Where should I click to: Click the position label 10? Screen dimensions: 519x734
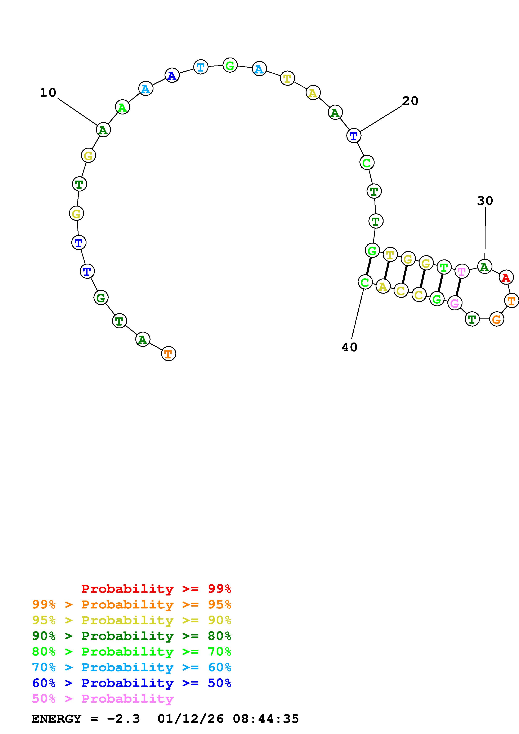48,93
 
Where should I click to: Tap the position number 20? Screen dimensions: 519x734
410,101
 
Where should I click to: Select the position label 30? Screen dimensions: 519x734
485,201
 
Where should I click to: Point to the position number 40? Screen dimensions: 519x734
349,347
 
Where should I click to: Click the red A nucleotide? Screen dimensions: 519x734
506,277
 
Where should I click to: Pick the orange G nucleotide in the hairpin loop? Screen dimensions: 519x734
497,319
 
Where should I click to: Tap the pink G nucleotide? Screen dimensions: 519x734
454,303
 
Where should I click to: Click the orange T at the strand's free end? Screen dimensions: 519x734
169,354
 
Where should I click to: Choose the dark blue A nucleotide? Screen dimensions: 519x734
172,76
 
